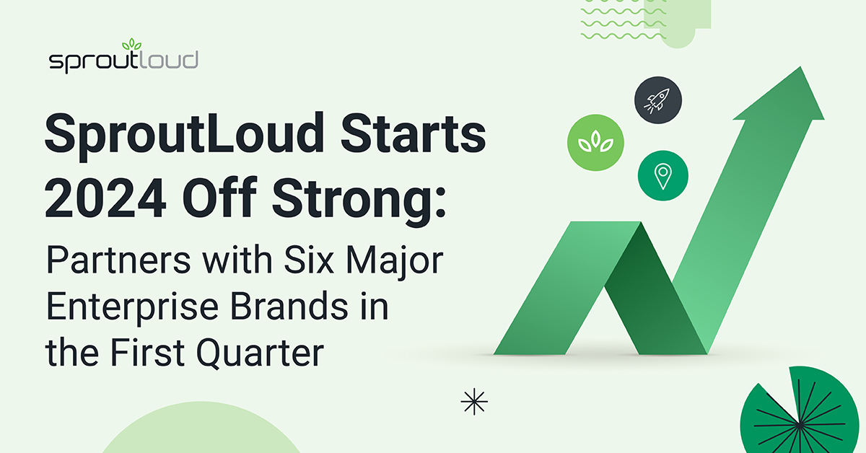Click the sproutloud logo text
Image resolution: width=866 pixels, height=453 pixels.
pos(123,61)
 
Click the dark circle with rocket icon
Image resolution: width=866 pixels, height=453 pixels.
pos(659,100)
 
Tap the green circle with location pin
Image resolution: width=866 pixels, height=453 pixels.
pos(662,175)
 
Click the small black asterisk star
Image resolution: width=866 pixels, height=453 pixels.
pos(474,402)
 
